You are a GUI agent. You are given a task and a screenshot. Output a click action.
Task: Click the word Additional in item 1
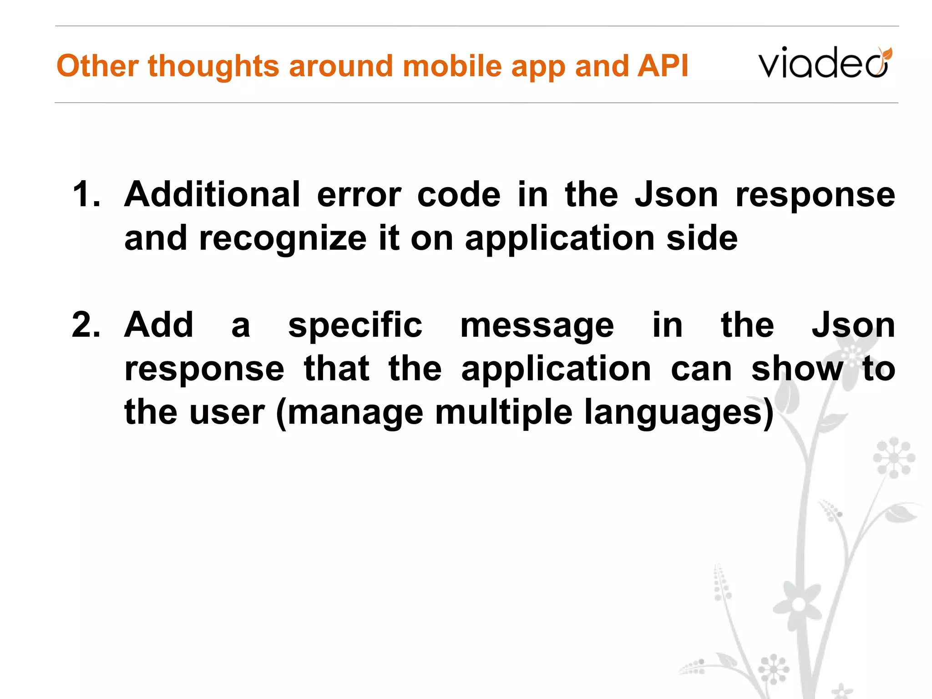coord(212,195)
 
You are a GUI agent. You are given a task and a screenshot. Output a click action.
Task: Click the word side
coord(702,238)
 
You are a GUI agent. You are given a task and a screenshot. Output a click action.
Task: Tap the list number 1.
coord(86,195)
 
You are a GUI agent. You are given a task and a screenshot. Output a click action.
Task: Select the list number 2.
coord(86,326)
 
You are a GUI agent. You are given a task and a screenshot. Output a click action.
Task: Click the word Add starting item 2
coord(159,326)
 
